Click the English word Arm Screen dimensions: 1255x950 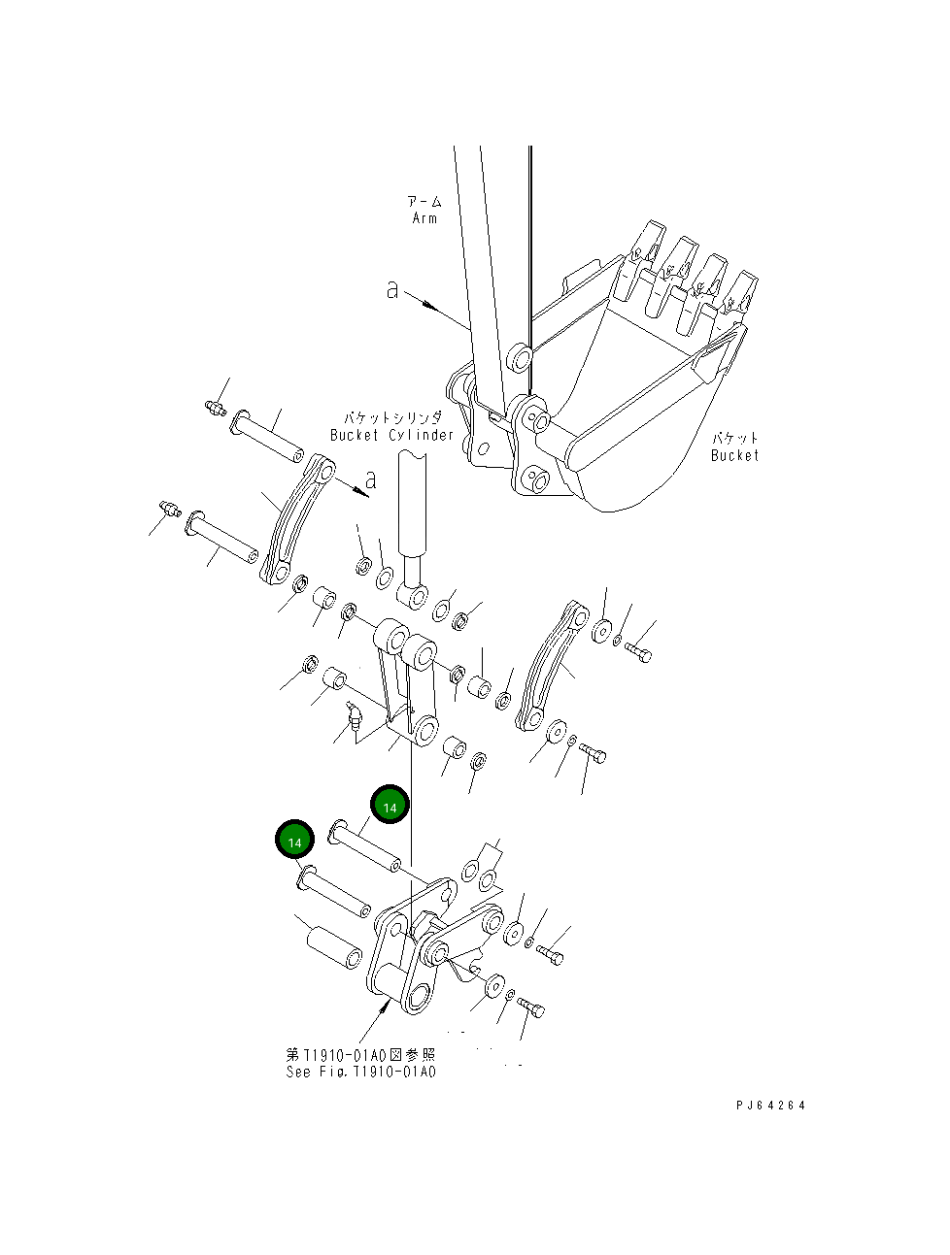424,218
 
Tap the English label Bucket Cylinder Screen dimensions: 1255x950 391,436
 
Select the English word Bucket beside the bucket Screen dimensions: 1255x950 734,455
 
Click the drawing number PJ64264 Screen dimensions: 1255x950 770,1105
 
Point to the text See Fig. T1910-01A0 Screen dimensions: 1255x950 360,1072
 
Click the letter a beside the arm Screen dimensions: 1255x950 391,289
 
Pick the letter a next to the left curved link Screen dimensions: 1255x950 370,479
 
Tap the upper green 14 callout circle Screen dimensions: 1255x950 390,806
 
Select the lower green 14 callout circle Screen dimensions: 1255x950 294,841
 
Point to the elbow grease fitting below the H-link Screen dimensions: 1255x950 354,719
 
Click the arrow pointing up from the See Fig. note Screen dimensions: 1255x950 375,1023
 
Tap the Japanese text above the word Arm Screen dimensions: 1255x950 424,201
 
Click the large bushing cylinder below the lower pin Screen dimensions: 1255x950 334,947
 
